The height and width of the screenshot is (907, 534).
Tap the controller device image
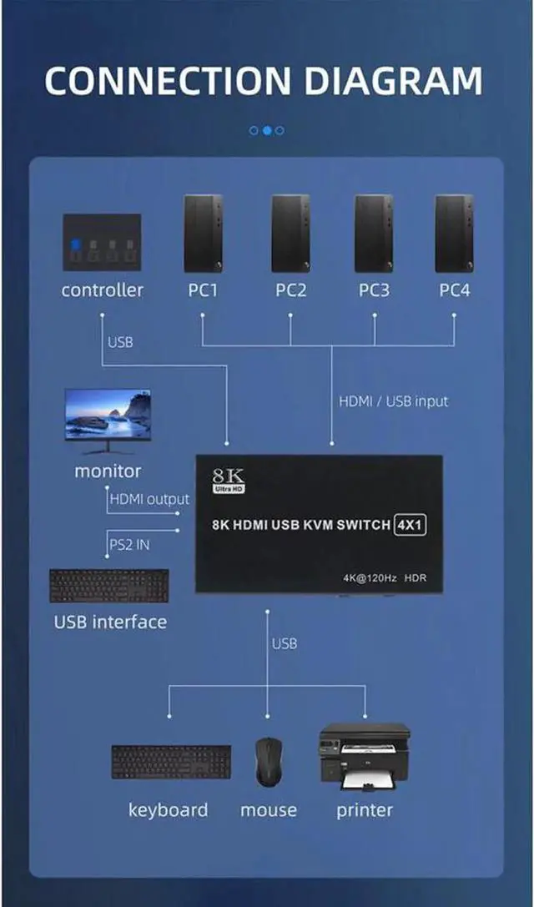pyautogui.click(x=102, y=242)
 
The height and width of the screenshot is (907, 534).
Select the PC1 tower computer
pyautogui.click(x=203, y=234)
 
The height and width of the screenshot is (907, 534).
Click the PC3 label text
pyautogui.click(x=374, y=290)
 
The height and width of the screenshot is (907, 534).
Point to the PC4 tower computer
pyautogui.click(x=454, y=234)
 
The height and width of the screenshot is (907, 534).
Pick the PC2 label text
pyautogui.click(x=290, y=290)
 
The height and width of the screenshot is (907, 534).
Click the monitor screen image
pyautogui.click(x=108, y=415)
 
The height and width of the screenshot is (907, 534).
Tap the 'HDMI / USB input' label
pyautogui.click(x=393, y=401)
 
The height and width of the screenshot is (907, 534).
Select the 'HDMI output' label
pyautogui.click(x=149, y=499)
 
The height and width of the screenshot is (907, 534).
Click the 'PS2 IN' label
pyautogui.click(x=130, y=545)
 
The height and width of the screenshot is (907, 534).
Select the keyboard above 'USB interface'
pyautogui.click(x=108, y=585)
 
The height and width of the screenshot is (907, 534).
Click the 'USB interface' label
pyautogui.click(x=110, y=622)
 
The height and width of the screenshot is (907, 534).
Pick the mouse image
pyautogui.click(x=268, y=761)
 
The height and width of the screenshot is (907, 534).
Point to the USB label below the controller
pyautogui.click(x=120, y=342)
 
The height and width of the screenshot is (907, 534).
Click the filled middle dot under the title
pyautogui.click(x=267, y=130)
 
